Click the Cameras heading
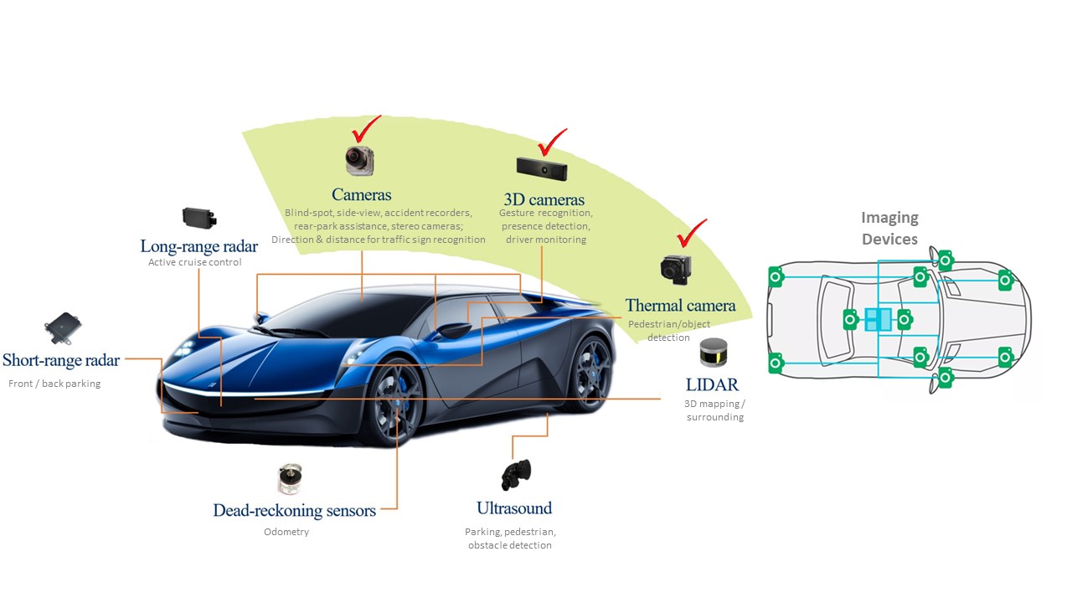pyautogui.click(x=361, y=194)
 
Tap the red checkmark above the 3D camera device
pyautogui.click(x=551, y=142)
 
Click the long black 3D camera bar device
pyautogui.click(x=541, y=168)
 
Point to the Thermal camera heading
pyautogui.click(x=680, y=306)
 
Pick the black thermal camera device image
pyautogui.click(x=674, y=268)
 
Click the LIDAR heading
pyautogui.click(x=712, y=384)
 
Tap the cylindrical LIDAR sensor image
pyautogui.click(x=713, y=353)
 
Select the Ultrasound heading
pyautogui.click(x=514, y=508)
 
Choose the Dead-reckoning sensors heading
pyautogui.click(x=294, y=510)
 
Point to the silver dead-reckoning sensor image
pyautogui.click(x=285, y=479)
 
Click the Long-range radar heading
pyautogui.click(x=199, y=245)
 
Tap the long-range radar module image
pyautogui.click(x=199, y=218)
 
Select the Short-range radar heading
pyautogui.click(x=61, y=360)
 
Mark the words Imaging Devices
pyautogui.click(x=889, y=228)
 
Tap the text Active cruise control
pyautogui.click(x=194, y=262)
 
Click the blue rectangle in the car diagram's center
pyautogui.click(x=877, y=319)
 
